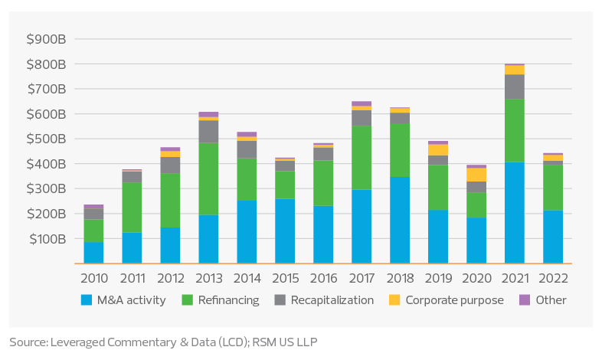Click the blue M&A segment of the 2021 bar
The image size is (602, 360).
pos(514,212)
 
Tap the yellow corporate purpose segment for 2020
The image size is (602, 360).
pos(476,175)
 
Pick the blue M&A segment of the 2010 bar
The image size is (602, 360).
pos(93,252)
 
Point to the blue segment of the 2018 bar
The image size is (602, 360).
pos(400,220)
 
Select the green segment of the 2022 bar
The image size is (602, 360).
pos(552,187)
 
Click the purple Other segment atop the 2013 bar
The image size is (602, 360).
pos(208,114)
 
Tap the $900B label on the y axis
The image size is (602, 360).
pos(44,39)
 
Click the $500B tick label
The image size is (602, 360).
pos(44,139)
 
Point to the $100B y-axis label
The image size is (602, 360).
pos(44,239)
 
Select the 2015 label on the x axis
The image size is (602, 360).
pos(285,278)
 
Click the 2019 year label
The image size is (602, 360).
pos(438,278)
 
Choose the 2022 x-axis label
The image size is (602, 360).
pos(552,278)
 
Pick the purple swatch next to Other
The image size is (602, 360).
pos(525,300)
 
